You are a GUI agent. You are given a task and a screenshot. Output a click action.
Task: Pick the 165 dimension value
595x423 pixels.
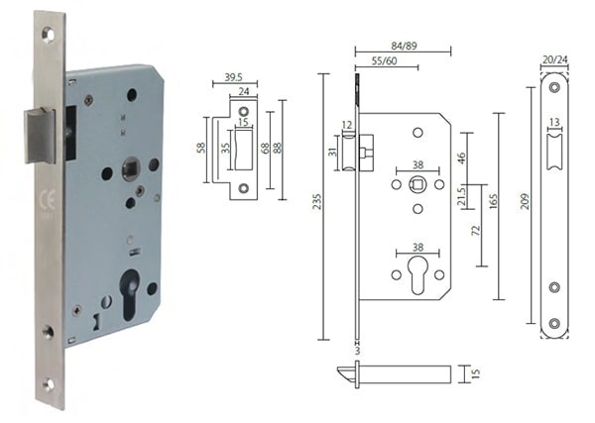coord(491,202)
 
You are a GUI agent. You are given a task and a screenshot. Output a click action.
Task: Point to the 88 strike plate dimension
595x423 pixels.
coord(280,149)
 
